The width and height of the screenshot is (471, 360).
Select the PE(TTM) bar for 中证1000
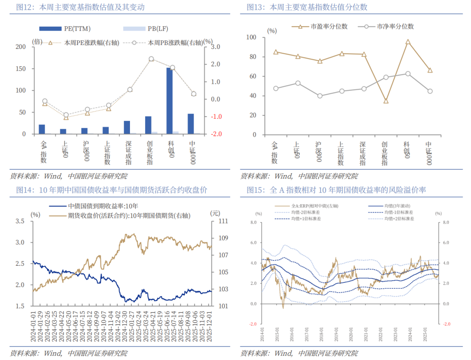(x=191, y=124)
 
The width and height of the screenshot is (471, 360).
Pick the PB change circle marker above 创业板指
(x=151, y=59)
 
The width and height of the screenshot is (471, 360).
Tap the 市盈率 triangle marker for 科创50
(x=408, y=42)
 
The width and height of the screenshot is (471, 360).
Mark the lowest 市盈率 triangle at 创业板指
(x=386, y=101)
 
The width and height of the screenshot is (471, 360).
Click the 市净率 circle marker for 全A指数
(x=276, y=89)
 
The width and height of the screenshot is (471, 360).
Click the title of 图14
(x=111, y=190)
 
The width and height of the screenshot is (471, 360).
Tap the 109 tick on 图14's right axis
(x=223, y=238)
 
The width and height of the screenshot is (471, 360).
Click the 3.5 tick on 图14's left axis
(x=20, y=221)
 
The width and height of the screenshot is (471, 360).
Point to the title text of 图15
(x=336, y=190)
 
